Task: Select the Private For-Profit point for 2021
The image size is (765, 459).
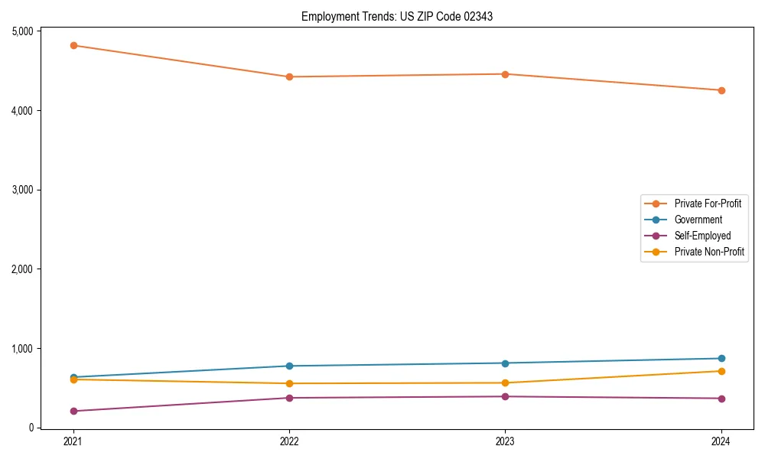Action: click(x=73, y=45)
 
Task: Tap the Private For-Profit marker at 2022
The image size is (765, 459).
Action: click(x=289, y=76)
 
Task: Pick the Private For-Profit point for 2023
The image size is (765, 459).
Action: click(x=505, y=74)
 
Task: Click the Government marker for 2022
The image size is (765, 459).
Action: click(x=289, y=366)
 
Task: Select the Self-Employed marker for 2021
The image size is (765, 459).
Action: click(x=73, y=411)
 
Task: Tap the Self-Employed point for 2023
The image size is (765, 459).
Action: click(x=505, y=396)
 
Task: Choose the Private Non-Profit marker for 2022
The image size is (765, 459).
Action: click(x=289, y=383)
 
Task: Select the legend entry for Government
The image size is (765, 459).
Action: click(x=698, y=220)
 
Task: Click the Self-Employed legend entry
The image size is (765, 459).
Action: click(x=702, y=236)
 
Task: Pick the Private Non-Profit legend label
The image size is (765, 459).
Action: click(x=709, y=252)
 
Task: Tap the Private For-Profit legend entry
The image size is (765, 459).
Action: click(x=708, y=203)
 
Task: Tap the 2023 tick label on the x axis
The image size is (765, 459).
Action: click(x=505, y=441)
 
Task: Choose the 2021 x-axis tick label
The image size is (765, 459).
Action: click(x=73, y=441)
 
